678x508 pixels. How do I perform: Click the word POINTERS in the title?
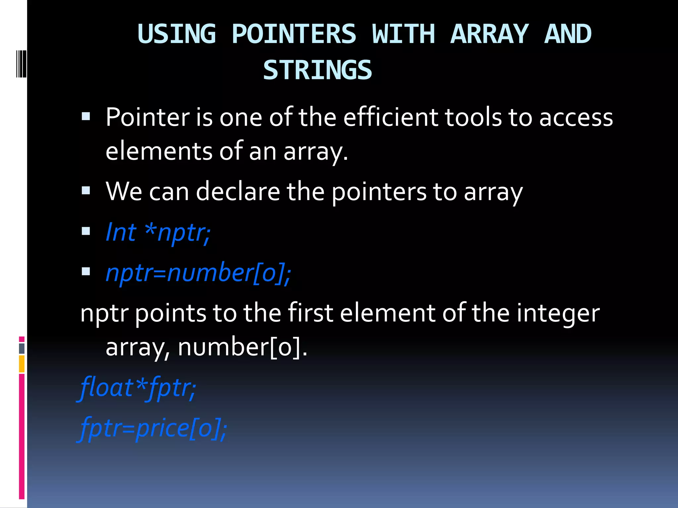(x=294, y=34)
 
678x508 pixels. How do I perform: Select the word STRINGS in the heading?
(x=317, y=70)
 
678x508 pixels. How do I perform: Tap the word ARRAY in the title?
(x=489, y=34)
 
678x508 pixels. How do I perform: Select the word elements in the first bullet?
(x=159, y=151)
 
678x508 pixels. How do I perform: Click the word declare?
(x=238, y=191)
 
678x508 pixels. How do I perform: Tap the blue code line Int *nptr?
(x=158, y=232)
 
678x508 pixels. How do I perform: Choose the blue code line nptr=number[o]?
(x=198, y=273)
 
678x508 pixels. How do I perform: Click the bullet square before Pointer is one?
(x=86, y=116)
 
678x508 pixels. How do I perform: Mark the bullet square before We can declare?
(x=86, y=190)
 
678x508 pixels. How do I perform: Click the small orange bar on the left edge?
(x=22, y=364)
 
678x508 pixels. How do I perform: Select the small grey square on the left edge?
(x=22, y=348)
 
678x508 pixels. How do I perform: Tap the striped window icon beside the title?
(x=21, y=63)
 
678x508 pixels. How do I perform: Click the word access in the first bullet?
(x=576, y=118)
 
